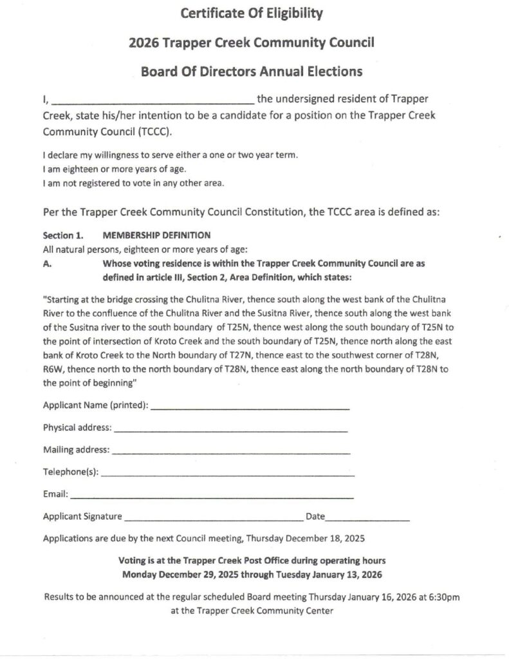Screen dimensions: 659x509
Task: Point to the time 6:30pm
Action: click(443, 597)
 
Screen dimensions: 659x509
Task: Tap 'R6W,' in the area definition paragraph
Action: click(53, 369)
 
